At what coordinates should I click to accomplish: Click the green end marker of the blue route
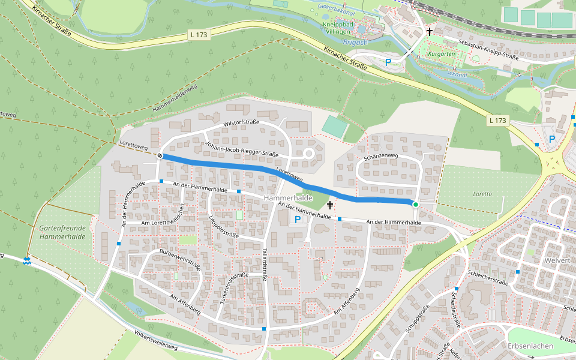point(415,205)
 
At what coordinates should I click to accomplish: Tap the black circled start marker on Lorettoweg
point(160,156)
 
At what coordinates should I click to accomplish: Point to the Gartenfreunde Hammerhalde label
point(62,232)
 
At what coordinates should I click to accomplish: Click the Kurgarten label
point(442,54)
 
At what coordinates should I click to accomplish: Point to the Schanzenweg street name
point(380,156)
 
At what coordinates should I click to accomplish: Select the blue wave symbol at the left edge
point(27,260)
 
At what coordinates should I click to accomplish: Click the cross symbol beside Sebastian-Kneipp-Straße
point(430,32)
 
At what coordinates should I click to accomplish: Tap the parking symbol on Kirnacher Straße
point(388,62)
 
